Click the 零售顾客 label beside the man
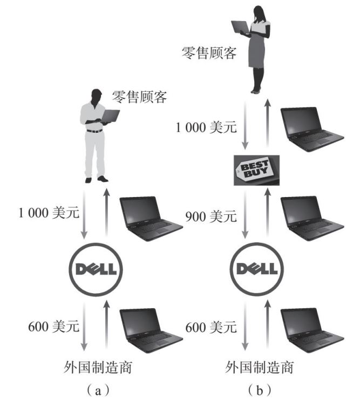139,97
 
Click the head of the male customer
96,93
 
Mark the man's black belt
94,130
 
